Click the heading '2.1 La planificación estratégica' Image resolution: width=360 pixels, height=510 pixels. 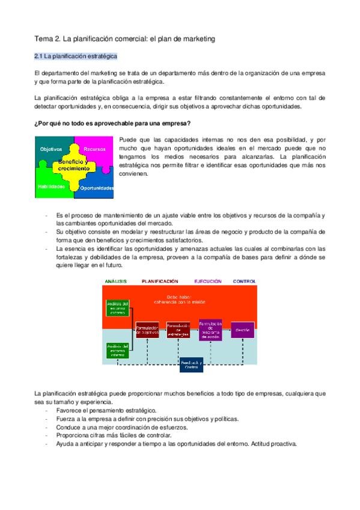pyautogui.click(x=75, y=56)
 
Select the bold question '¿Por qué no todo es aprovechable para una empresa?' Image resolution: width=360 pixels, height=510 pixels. pyautogui.click(x=113, y=124)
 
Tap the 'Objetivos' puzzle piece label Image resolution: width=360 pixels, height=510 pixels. pyautogui.click(x=50, y=149)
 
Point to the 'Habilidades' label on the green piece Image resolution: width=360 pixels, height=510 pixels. pyautogui.click(x=52, y=186)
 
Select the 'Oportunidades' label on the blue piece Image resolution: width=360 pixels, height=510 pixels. pyautogui.click(x=97, y=188)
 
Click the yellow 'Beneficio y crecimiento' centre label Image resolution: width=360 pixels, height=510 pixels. pyautogui.click(x=74, y=165)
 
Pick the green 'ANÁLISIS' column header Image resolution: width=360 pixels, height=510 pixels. pyautogui.click(x=115, y=281)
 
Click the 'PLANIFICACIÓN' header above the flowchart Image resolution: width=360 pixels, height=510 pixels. pyautogui.click(x=160, y=281)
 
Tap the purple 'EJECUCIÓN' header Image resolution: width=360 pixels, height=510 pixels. pyautogui.click(x=207, y=281)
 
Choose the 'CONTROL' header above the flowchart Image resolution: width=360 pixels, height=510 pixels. pyautogui.click(x=245, y=281)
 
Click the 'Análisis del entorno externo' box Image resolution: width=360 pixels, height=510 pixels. pyautogui.click(x=118, y=308)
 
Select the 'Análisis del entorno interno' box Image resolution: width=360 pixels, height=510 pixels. pyautogui.click(x=118, y=349)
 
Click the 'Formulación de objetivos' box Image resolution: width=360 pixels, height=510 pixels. pyautogui.click(x=147, y=330)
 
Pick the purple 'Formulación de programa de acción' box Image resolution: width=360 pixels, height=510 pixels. pyautogui.click(x=210, y=330)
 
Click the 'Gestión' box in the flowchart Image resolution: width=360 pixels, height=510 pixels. pyautogui.click(x=242, y=330)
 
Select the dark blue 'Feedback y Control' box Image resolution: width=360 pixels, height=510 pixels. pyautogui.click(x=191, y=364)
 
